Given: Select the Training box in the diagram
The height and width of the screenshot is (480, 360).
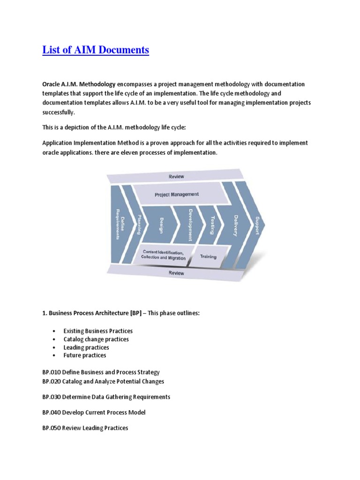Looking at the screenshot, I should pos(208,256).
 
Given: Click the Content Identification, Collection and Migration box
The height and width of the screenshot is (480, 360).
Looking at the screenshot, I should pos(164,255).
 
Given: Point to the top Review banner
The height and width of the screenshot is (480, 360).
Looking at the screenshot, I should pos(177,177).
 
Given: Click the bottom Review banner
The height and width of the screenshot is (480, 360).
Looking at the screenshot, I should pos(177,273).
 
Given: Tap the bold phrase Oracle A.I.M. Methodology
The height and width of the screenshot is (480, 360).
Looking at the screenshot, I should pos(79,84).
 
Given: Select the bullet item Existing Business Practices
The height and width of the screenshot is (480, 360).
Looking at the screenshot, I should pos(98,331).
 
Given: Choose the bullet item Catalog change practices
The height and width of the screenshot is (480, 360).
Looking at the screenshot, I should pos(96,339).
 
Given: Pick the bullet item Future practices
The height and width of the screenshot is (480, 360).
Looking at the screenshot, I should pos(85,355).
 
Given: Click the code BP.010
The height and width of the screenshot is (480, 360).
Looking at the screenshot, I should pos(51,372).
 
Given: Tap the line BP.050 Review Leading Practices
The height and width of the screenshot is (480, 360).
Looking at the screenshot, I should pos(85,428).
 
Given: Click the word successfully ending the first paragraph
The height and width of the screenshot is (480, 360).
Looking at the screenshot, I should pos(58,112).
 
